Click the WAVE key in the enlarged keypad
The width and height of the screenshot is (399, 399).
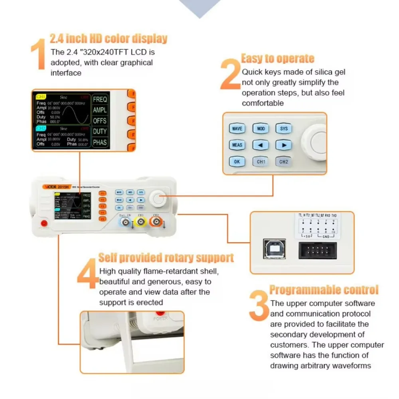coord(237,129)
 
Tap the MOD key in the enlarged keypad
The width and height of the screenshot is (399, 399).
coord(261,129)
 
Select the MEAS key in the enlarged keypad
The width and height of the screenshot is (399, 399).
coord(237,145)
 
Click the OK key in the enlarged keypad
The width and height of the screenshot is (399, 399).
coord(237,162)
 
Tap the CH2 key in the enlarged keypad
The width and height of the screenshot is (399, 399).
coord(284,162)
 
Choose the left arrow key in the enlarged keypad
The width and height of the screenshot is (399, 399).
coord(261,145)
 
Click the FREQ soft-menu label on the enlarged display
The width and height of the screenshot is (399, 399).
coord(100,99)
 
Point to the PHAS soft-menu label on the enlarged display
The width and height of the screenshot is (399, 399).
coord(100,142)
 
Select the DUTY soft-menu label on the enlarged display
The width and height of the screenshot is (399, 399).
coord(100,131)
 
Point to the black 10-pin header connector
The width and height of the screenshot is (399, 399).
coord(318,251)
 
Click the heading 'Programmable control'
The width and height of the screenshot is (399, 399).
coord(324,290)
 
